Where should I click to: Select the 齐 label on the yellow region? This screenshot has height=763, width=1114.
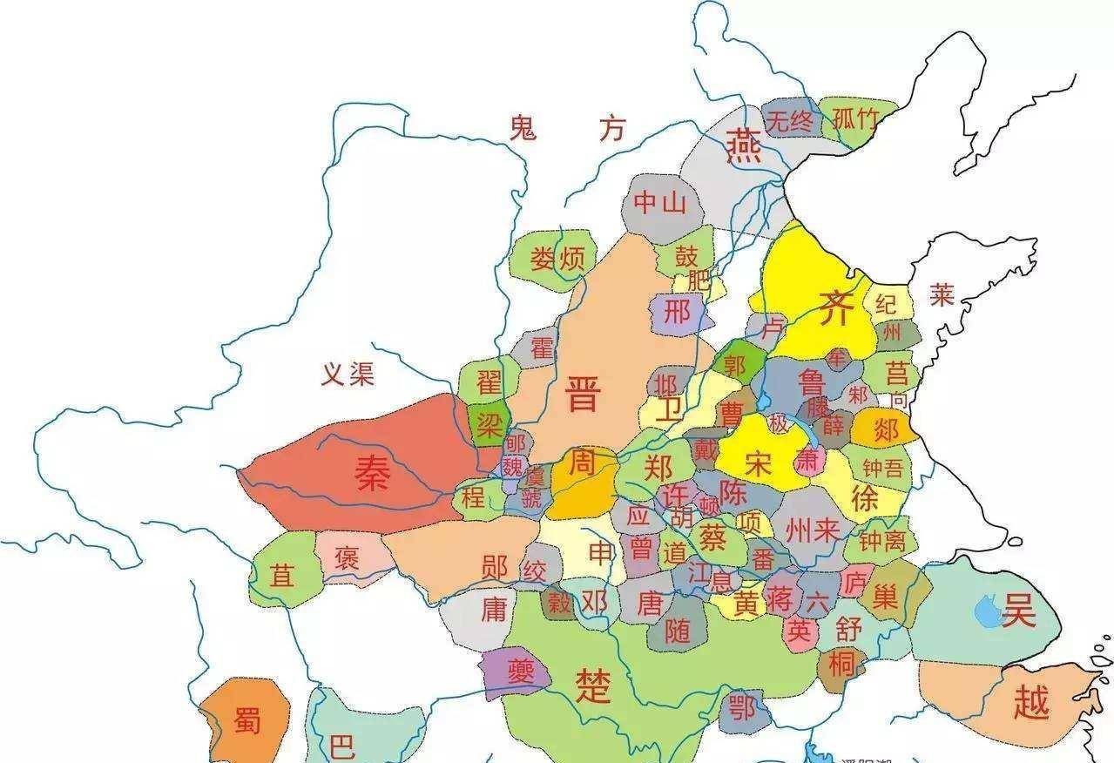click(x=834, y=308)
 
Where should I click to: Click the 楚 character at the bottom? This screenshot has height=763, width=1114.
click(x=593, y=686)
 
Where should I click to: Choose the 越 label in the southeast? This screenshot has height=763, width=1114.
click(x=1031, y=702)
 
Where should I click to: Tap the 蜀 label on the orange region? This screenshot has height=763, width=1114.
click(x=246, y=720)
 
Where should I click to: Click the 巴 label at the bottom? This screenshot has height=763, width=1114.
click(x=342, y=747)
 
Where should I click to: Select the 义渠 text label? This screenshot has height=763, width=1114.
click(x=348, y=375)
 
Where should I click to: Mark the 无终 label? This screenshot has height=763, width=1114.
click(x=790, y=120)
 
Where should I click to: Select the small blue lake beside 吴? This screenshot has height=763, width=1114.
click(x=989, y=611)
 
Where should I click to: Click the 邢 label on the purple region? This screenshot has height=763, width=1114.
click(x=676, y=312)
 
